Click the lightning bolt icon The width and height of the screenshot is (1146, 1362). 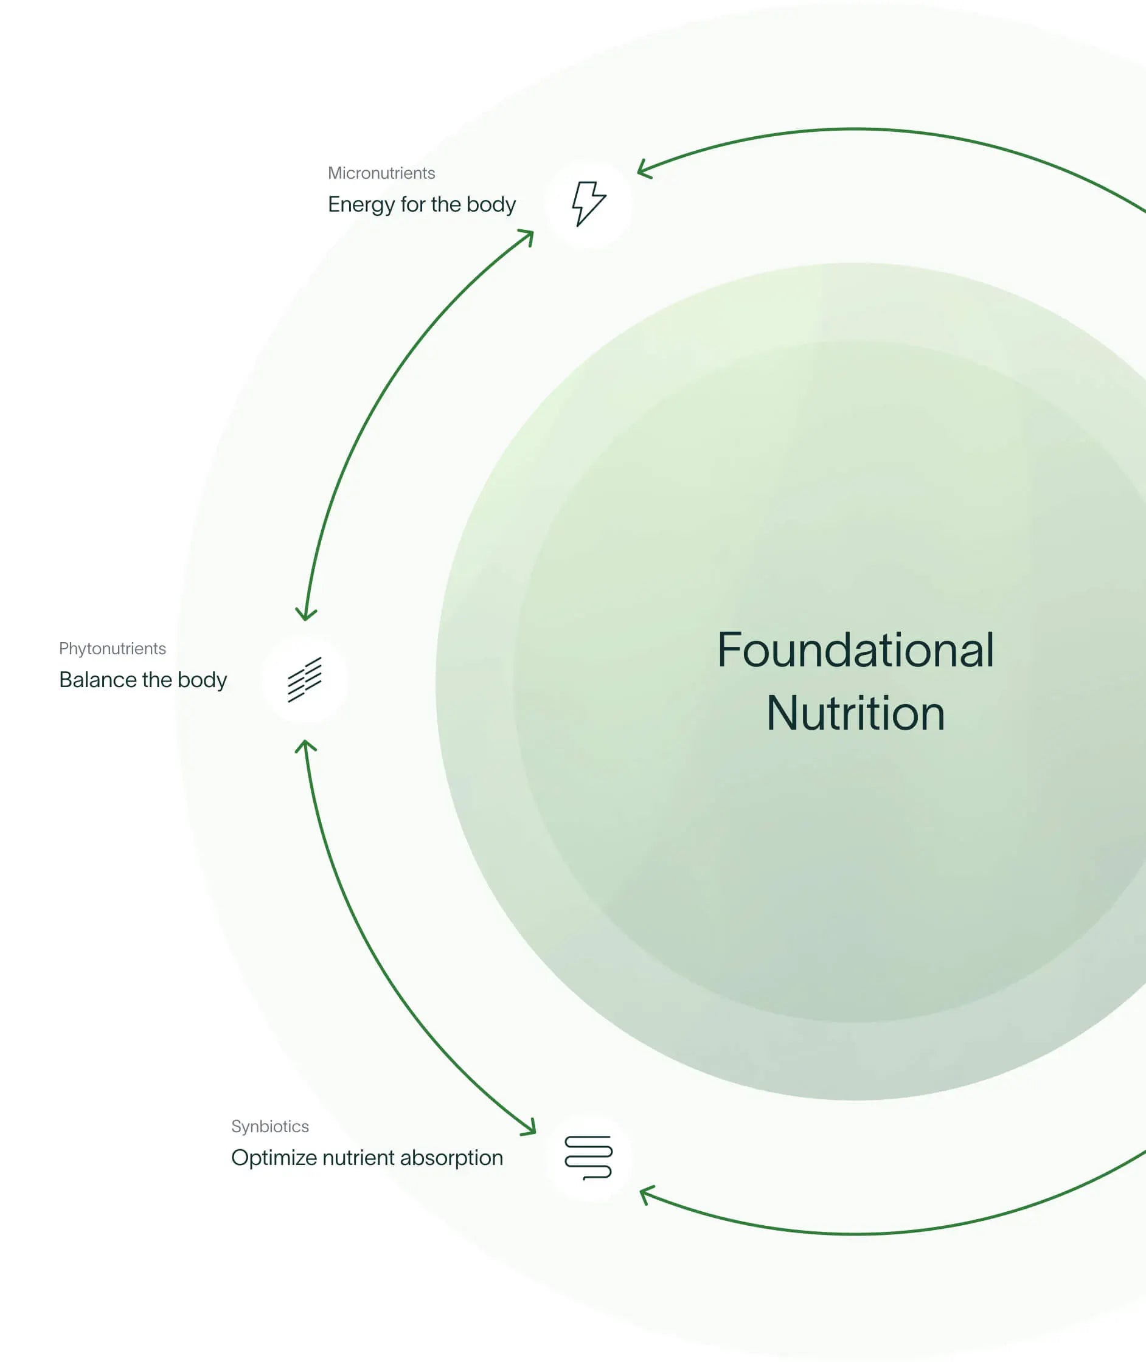click(x=589, y=203)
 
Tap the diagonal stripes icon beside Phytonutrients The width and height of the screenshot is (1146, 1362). click(x=305, y=679)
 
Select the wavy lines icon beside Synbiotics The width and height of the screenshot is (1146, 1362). click(x=589, y=1158)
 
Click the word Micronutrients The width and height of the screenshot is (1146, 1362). click(x=381, y=173)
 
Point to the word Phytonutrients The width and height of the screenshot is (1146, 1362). click(x=113, y=649)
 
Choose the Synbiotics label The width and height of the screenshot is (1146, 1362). click(x=269, y=1126)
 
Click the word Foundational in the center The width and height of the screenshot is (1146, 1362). click(x=855, y=650)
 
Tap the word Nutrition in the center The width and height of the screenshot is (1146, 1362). click(x=855, y=713)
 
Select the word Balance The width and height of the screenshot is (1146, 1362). click(x=97, y=680)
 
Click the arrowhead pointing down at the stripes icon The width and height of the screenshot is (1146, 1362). click(x=306, y=615)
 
